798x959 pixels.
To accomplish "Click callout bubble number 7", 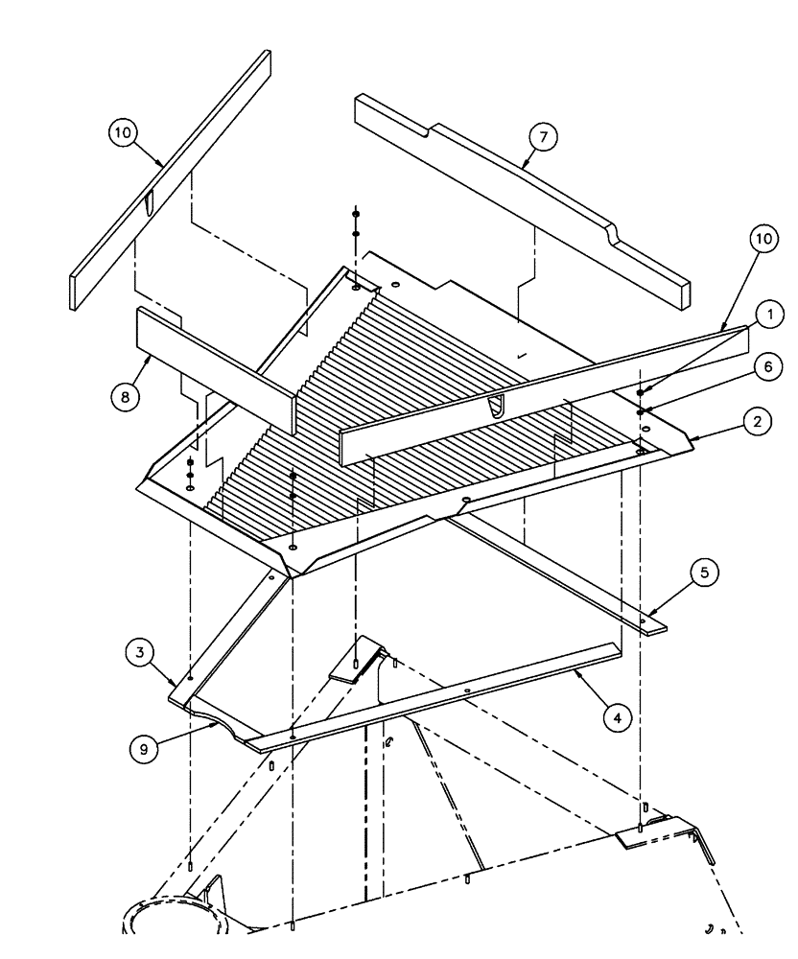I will click(x=543, y=138).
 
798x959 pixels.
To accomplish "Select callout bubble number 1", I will click(x=767, y=314).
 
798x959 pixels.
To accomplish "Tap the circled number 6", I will click(x=767, y=366).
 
